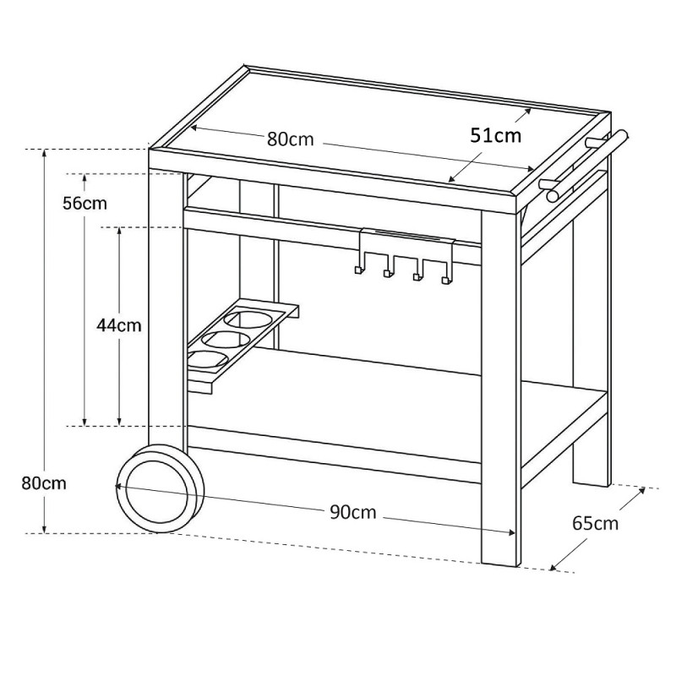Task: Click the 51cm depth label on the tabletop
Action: (495, 135)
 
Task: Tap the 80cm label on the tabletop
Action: (290, 139)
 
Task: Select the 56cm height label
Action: (84, 203)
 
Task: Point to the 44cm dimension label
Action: (119, 325)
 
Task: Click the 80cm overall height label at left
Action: (44, 483)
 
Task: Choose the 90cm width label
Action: (353, 512)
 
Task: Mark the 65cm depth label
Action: (596, 523)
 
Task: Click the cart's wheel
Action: (160, 489)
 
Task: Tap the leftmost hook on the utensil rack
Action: (359, 264)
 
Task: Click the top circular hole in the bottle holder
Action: (248, 319)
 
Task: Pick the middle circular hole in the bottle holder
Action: (226, 341)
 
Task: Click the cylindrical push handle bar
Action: (588, 166)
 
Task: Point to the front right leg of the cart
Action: (499, 388)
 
